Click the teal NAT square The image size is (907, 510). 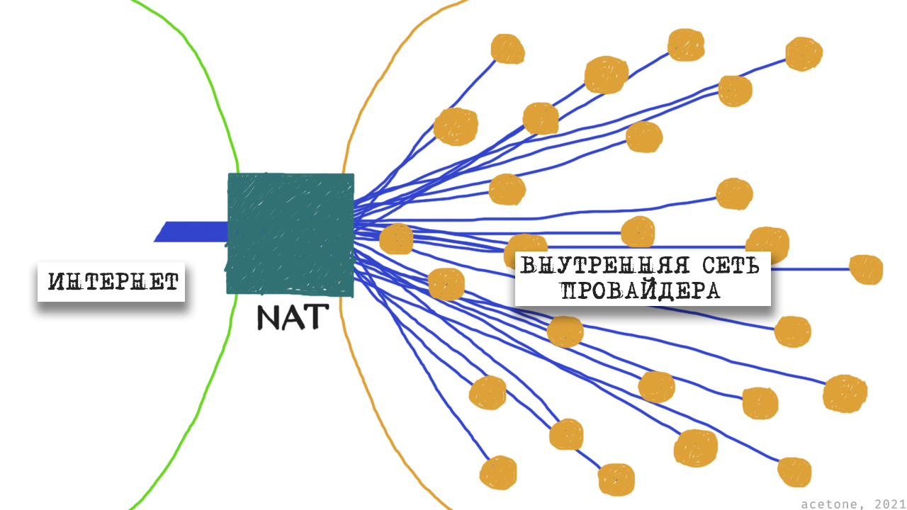tap(290, 233)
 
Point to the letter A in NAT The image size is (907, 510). tap(293, 317)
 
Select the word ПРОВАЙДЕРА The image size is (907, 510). tap(641, 290)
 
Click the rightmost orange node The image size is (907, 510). tap(865, 269)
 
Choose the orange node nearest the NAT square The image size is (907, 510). tap(396, 239)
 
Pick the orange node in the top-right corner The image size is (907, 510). tap(804, 54)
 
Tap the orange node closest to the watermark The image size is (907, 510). tap(794, 472)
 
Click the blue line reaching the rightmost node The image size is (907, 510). tap(815, 269)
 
